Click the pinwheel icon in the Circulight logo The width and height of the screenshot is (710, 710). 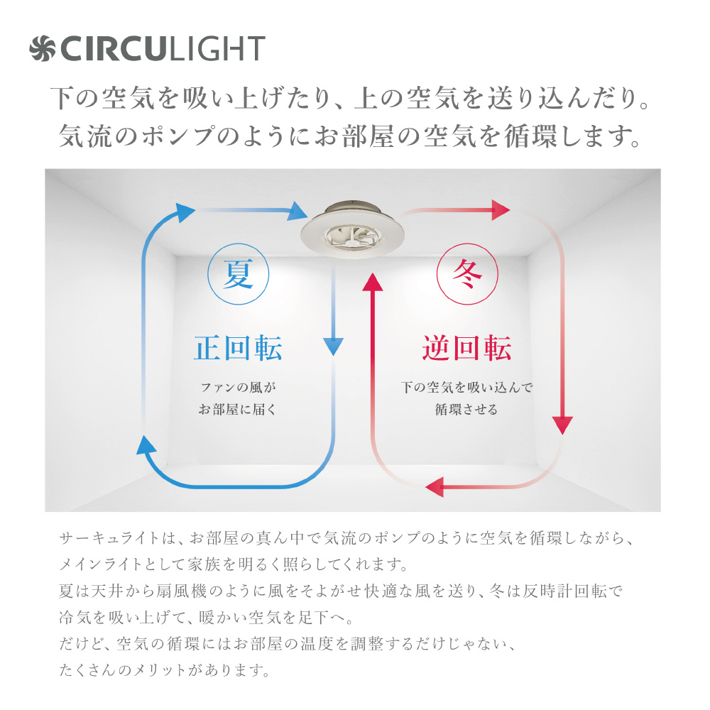click(42, 48)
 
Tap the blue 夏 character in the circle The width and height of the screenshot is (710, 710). click(238, 274)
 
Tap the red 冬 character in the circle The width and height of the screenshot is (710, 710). click(467, 274)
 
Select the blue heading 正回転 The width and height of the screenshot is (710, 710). click(238, 348)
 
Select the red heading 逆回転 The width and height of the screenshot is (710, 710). click(467, 348)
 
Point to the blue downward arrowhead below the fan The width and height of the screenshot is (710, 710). click(333, 346)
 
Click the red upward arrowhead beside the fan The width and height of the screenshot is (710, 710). click(373, 282)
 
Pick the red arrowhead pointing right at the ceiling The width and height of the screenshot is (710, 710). click(501, 210)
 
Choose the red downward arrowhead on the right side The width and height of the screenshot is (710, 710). click(562, 425)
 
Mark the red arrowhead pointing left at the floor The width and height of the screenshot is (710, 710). click(435, 487)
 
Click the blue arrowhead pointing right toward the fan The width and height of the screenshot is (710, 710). click(297, 211)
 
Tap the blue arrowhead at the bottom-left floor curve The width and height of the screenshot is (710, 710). click(146, 445)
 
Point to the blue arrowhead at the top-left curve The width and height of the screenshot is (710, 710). click(185, 212)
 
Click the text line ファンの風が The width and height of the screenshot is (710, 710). click(238, 387)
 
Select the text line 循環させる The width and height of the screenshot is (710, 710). click(466, 410)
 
